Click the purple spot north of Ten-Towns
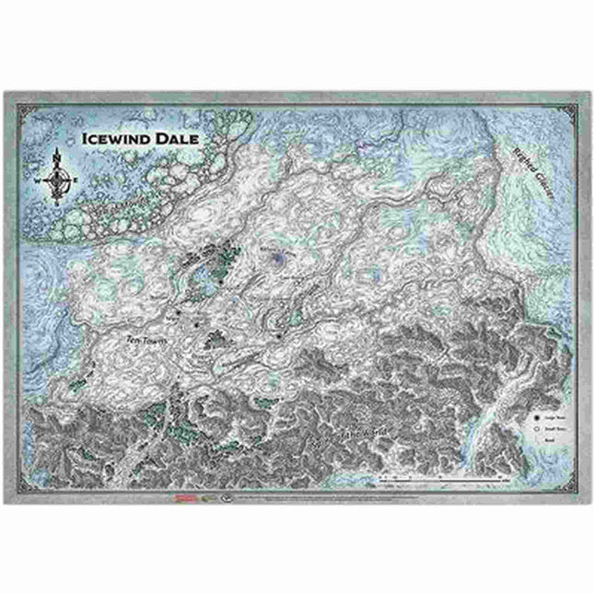pyautogui.click(x=277, y=262)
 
